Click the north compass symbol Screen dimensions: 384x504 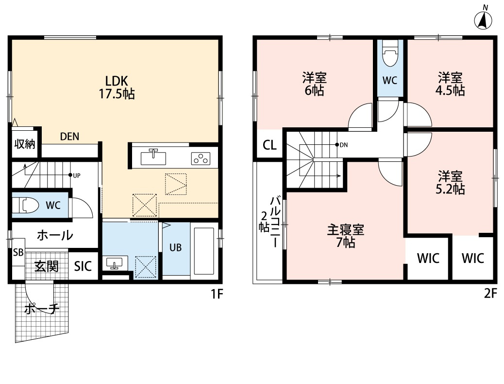click(483, 19)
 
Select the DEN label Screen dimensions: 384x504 click(70, 137)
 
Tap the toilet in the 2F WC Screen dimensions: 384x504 click(390, 55)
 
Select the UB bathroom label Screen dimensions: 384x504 click(175, 247)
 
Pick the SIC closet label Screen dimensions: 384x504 click(83, 266)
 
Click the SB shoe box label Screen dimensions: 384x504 click(18, 252)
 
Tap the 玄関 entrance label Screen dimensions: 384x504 click(47, 266)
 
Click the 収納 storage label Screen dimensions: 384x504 click(24, 144)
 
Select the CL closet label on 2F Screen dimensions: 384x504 click(270, 145)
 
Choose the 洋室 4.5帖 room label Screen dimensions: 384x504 click(451, 84)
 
